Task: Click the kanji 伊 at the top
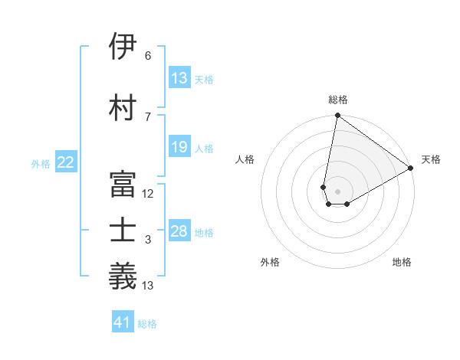123,47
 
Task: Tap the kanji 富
123,185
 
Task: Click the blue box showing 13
179,78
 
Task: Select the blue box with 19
179,147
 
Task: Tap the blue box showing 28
179,231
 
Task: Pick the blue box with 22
66,162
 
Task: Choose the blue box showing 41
123,323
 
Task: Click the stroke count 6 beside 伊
148,56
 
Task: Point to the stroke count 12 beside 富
148,194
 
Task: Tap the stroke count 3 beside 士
148,240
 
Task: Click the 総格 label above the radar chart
337,100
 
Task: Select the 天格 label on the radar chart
431,159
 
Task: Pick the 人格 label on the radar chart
245,159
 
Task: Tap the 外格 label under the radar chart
270,263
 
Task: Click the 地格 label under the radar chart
402,263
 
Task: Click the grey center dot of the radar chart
337,190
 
